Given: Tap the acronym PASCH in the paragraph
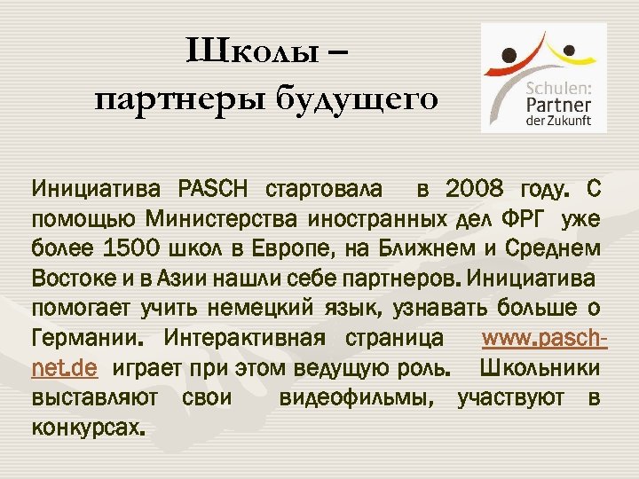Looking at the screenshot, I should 216,190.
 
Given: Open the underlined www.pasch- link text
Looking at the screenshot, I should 540,341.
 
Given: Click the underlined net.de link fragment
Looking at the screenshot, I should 64,370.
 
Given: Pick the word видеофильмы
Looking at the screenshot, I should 357,400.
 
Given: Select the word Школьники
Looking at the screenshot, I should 540,370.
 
